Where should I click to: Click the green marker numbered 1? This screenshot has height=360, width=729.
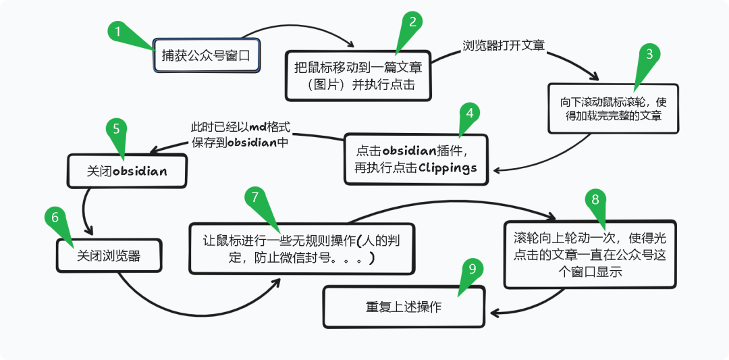click(119, 32)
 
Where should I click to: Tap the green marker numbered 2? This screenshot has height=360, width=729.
click(413, 22)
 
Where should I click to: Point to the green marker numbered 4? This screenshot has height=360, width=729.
click(469, 113)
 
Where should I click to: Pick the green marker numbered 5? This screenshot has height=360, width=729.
click(117, 129)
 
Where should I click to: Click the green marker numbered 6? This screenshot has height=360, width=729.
click(55, 217)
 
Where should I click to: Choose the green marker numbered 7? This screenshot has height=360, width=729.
click(255, 197)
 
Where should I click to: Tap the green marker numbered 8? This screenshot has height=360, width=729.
click(594, 199)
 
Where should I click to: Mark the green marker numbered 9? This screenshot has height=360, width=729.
click(472, 269)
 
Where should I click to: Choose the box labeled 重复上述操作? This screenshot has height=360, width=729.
click(404, 307)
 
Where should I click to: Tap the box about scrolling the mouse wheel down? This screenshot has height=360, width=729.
click(613, 108)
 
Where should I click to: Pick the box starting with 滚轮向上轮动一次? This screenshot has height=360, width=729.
click(590, 254)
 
